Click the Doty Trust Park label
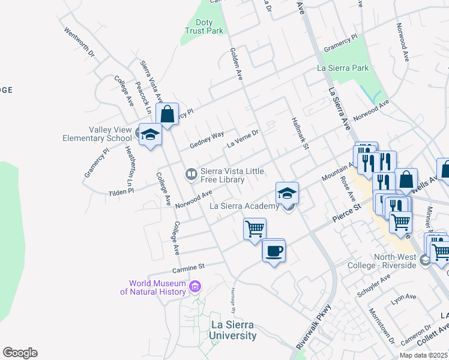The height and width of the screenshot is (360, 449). click(204, 26)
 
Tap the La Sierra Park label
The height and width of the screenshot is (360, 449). click(343, 68)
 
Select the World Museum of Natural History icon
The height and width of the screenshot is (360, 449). click(194, 287)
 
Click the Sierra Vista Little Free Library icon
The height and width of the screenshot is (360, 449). click(191, 174)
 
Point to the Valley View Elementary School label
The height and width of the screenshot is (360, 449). click(97, 134)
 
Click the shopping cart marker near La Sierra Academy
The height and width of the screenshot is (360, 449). click(255, 229)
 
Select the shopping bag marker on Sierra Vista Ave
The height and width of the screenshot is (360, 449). click(167, 114)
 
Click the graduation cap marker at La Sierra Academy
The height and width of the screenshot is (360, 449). click(288, 193)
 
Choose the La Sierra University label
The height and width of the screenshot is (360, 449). click(234, 330)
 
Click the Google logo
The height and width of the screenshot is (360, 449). click(20, 353)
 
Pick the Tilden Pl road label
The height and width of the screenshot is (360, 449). click(121, 192)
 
